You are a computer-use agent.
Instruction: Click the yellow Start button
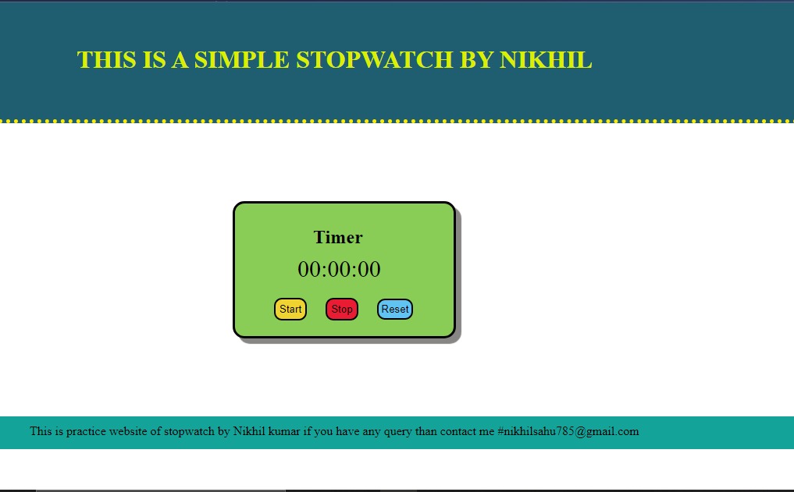point(290,309)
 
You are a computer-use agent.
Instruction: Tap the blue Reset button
point(395,309)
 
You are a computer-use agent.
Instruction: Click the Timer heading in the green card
point(338,237)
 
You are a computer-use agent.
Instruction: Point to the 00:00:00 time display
point(339,269)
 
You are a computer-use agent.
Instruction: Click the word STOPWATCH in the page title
point(374,60)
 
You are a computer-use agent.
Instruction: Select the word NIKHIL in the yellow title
point(546,60)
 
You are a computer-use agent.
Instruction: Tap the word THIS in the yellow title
point(107,60)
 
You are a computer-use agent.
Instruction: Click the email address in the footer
point(568,431)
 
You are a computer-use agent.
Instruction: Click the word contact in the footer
point(459,432)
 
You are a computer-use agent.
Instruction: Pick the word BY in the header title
point(476,60)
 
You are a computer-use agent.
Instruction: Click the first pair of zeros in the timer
point(309,269)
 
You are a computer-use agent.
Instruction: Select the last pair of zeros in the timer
point(369,269)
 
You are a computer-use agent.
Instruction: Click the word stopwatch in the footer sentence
point(189,432)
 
